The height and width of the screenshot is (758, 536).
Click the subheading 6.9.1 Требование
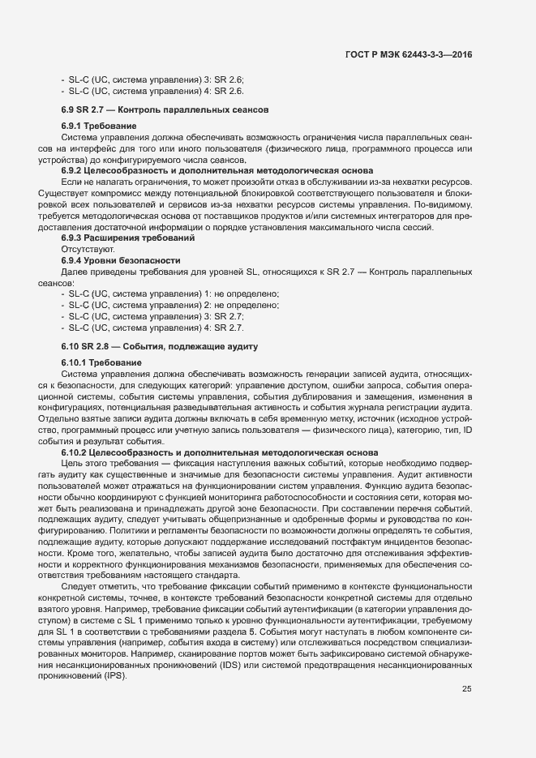pyautogui.click(x=98, y=126)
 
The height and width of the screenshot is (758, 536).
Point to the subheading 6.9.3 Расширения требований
pyautogui.click(x=127, y=237)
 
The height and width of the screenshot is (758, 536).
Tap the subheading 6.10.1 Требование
pyautogui.click(x=101, y=362)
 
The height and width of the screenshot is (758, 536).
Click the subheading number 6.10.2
pyautogui.click(x=75, y=451)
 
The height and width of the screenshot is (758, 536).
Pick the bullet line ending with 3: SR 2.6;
pyautogui.click(x=152, y=79)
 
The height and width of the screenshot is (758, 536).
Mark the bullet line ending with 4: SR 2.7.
pyautogui.click(x=152, y=328)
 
